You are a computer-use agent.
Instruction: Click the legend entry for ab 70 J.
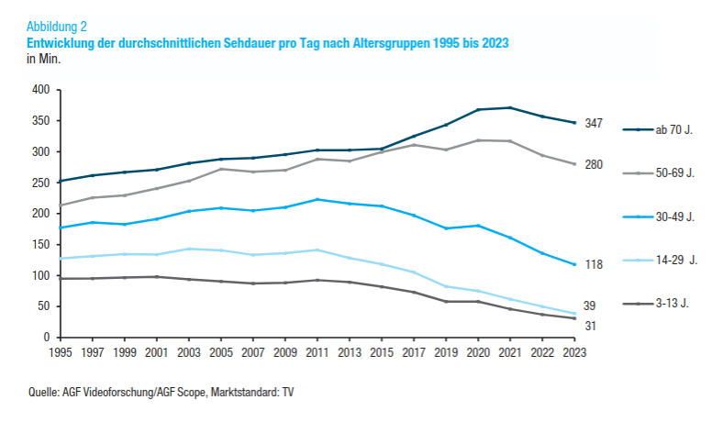[673, 131]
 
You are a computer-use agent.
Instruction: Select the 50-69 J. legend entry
[673, 173]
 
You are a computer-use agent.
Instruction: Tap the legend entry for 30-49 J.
[673, 217]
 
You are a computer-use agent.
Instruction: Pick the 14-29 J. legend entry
[675, 260]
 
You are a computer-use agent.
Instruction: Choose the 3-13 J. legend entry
[672, 303]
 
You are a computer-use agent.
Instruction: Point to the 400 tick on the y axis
[40, 90]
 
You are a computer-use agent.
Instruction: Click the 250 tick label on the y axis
[40, 183]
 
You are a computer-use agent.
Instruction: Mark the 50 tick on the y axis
[44, 306]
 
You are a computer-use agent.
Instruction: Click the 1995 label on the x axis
[61, 350]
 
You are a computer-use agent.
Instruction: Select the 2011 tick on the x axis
[317, 350]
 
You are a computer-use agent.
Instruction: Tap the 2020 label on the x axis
[478, 350]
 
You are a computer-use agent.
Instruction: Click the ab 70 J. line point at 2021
[510, 107]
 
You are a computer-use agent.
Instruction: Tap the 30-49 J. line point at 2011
[317, 199]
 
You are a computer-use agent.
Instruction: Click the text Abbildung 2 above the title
[58, 27]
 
